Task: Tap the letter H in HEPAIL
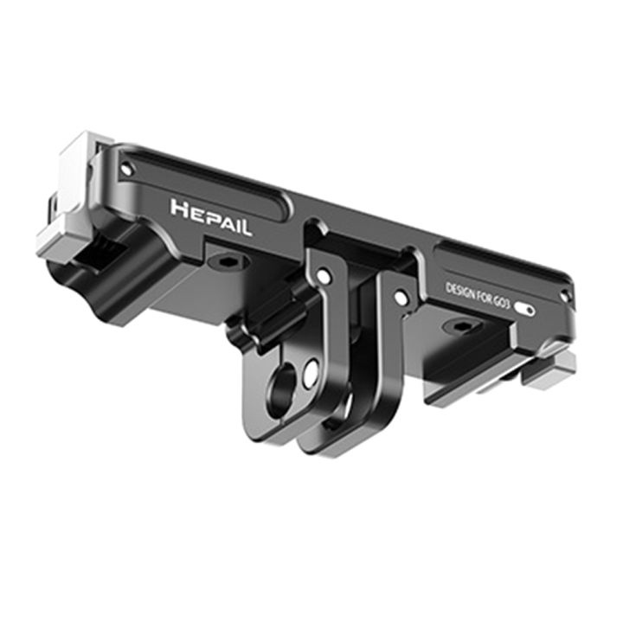179,209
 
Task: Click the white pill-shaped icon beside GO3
524,309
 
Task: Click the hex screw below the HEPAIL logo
228,261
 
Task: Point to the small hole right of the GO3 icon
563,298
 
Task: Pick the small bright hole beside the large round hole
311,374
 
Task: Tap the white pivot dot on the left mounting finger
324,277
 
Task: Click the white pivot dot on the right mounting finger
401,298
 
